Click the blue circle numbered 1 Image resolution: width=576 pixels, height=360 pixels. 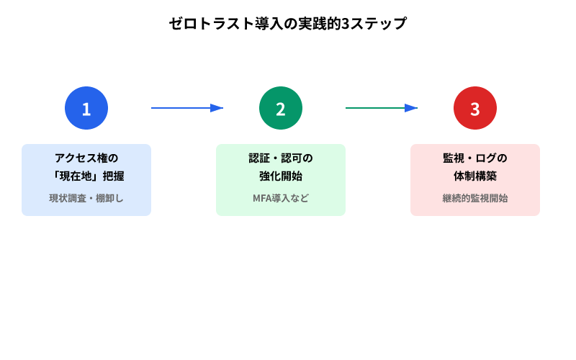(x=86, y=108)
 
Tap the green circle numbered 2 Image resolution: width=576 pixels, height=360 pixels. (x=281, y=108)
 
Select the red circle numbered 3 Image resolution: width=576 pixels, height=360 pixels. (x=475, y=108)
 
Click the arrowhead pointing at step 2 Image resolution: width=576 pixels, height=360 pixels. (x=217, y=108)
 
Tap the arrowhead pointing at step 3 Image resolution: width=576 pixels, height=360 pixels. (x=411, y=108)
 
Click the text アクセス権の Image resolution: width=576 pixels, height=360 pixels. (x=86, y=158)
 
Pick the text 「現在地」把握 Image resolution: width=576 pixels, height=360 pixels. (x=86, y=176)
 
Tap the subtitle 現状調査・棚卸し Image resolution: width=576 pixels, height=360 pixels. (x=86, y=198)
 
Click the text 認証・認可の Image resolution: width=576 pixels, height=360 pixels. (x=281, y=158)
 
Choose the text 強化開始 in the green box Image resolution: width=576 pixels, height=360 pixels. (x=281, y=176)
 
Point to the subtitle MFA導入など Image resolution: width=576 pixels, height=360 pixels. (x=281, y=198)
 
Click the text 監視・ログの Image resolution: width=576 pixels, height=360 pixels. (x=475, y=158)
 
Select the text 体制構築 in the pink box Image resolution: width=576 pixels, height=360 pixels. (x=475, y=176)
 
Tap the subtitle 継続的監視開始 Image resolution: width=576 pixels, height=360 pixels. (x=475, y=198)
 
